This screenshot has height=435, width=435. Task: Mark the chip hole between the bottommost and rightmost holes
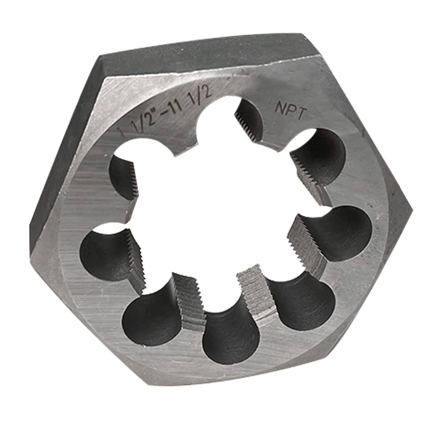pos(304,304)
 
